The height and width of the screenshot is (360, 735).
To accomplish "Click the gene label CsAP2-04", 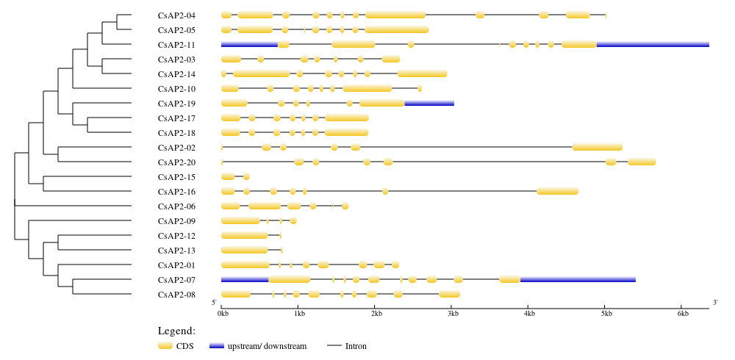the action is point(176,15).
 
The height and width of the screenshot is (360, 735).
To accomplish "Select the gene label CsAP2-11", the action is point(176,45).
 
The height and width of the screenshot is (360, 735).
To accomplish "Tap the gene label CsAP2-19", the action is point(176,104).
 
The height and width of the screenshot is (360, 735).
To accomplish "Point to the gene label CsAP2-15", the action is point(176,177).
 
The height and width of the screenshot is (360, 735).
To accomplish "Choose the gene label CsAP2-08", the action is point(176,295).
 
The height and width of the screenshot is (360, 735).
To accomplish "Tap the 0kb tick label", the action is point(223,314).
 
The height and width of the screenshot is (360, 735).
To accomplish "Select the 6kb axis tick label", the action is point(684,314).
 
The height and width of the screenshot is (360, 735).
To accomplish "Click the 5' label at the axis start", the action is point(214,303).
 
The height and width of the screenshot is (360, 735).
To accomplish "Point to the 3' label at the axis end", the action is point(715,303).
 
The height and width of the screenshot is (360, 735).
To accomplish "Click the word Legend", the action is point(176,331).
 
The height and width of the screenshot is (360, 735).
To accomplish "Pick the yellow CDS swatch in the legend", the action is point(165,346).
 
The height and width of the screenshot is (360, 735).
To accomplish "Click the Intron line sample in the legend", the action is point(334,346).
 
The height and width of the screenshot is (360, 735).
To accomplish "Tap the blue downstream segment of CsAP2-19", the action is point(429,103).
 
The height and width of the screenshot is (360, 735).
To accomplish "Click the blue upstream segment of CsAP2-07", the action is point(245,280).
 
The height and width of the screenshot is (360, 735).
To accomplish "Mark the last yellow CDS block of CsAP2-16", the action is point(558,191).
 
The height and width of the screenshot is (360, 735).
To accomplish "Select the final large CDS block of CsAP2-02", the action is point(597,147).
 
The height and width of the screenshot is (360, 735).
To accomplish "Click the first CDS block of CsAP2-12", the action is point(245,235).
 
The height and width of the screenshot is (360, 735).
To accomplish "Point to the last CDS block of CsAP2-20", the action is point(642,162).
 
